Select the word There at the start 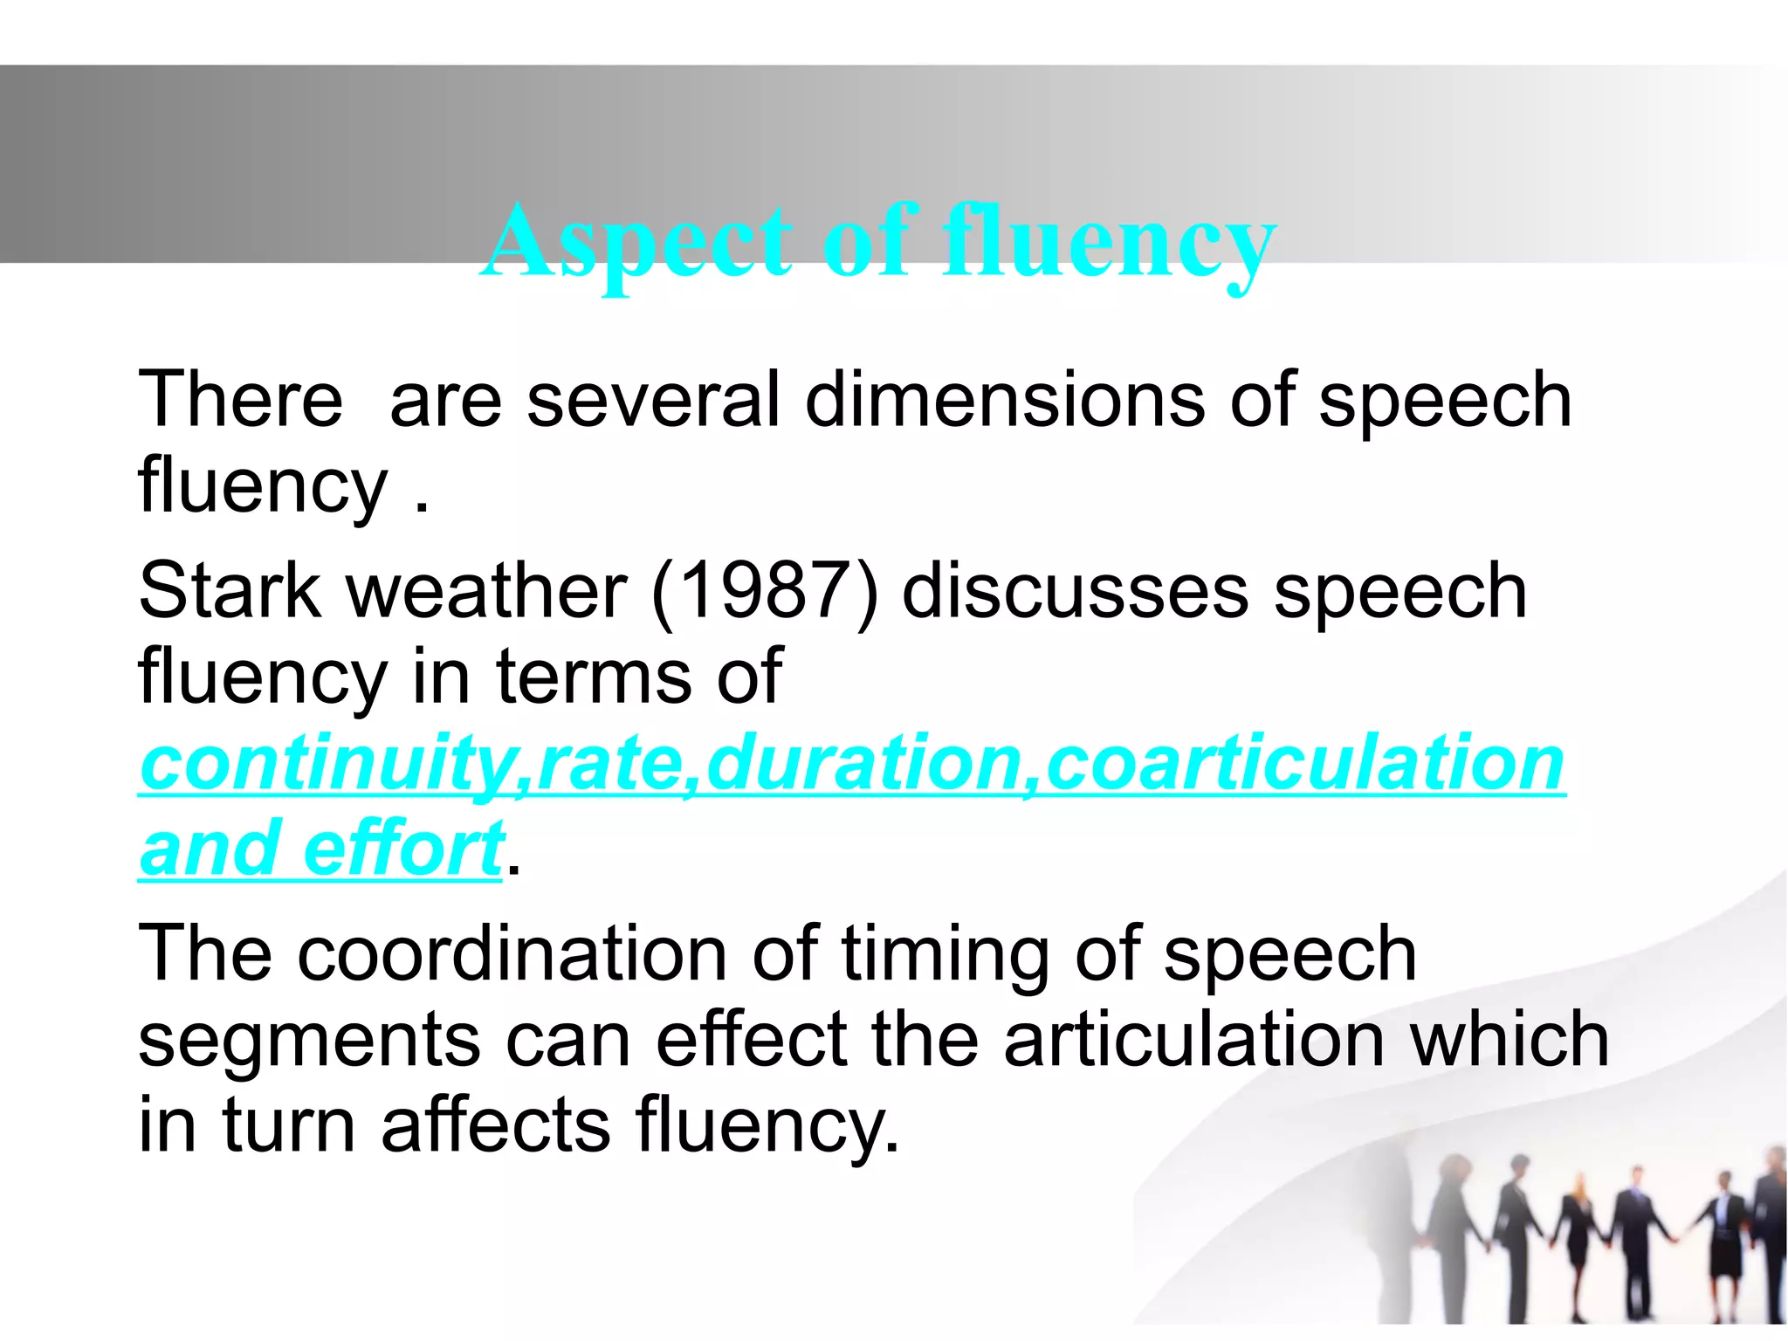(x=240, y=400)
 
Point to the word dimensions (x=1005, y=400)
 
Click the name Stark (x=230, y=591)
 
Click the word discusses (x=1076, y=591)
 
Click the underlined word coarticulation (x=1304, y=763)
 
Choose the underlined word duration (x=864, y=763)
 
